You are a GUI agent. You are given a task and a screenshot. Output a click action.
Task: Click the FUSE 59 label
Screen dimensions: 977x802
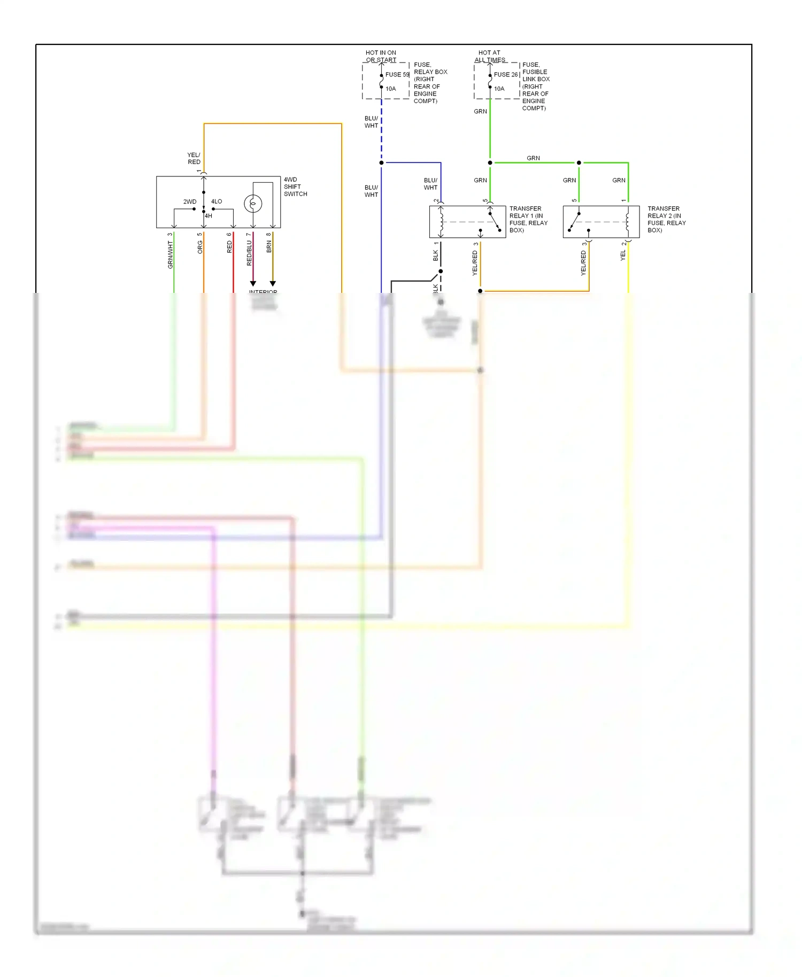[x=397, y=74]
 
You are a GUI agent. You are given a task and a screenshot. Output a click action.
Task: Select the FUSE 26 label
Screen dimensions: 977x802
[x=505, y=74]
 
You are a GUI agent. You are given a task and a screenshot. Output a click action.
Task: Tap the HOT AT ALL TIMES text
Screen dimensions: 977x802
[x=489, y=56]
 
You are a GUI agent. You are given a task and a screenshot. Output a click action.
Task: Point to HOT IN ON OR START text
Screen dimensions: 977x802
[x=381, y=56]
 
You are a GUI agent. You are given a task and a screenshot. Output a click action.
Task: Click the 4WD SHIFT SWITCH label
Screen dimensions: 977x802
[x=295, y=187]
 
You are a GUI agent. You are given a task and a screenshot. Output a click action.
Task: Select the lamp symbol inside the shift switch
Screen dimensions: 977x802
[x=253, y=204]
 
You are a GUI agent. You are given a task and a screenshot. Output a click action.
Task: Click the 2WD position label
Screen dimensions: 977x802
[x=190, y=201]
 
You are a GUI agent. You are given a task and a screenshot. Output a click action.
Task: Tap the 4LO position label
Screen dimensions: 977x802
[x=217, y=201]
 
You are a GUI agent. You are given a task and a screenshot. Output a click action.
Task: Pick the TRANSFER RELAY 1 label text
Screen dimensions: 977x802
[x=528, y=219]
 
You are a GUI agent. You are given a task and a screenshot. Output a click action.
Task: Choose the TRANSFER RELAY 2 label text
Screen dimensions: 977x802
[x=666, y=219]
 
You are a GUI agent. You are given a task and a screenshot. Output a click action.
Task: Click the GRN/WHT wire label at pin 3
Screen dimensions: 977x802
[x=171, y=254]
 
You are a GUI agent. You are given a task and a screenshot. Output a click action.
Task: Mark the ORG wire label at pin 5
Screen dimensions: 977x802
[x=200, y=247]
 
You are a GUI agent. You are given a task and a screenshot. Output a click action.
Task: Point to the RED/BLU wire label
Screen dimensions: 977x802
[x=249, y=253]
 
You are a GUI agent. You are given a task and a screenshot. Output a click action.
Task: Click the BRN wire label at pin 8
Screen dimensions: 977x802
[x=269, y=246]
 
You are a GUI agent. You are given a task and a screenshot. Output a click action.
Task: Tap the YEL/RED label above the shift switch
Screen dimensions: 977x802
[x=194, y=158]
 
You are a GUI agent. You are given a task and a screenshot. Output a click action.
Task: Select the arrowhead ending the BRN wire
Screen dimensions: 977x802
[x=272, y=283]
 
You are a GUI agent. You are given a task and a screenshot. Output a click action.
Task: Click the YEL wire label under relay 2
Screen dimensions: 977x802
[x=623, y=255]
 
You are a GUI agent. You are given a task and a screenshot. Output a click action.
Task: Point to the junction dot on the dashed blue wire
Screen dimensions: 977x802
[x=381, y=162]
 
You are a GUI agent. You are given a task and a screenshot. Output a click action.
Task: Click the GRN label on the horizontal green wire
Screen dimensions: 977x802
[x=533, y=158]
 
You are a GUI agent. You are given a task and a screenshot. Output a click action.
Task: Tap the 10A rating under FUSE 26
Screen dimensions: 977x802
[x=499, y=89]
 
